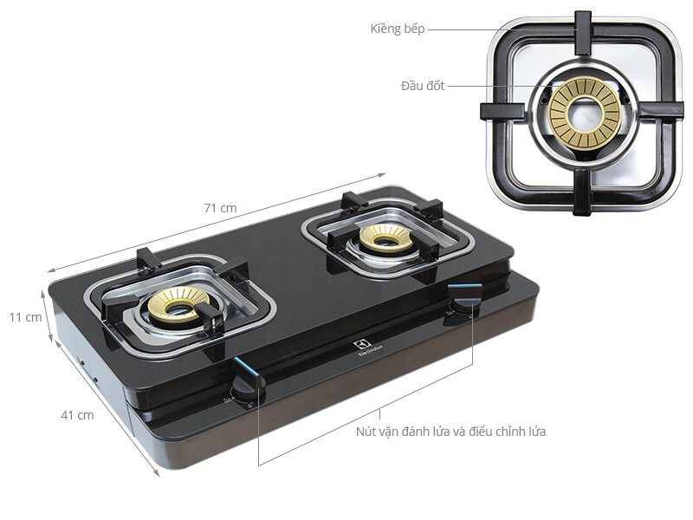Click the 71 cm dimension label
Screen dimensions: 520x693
[x=220, y=208]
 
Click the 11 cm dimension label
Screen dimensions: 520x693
[x=26, y=317]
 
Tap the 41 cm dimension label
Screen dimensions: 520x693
[x=77, y=415]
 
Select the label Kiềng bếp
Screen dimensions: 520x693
[x=397, y=29]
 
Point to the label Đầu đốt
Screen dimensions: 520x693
[x=423, y=86]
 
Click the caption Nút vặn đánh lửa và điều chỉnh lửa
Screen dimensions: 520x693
[x=450, y=431]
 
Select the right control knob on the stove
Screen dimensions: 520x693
[x=461, y=308]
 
